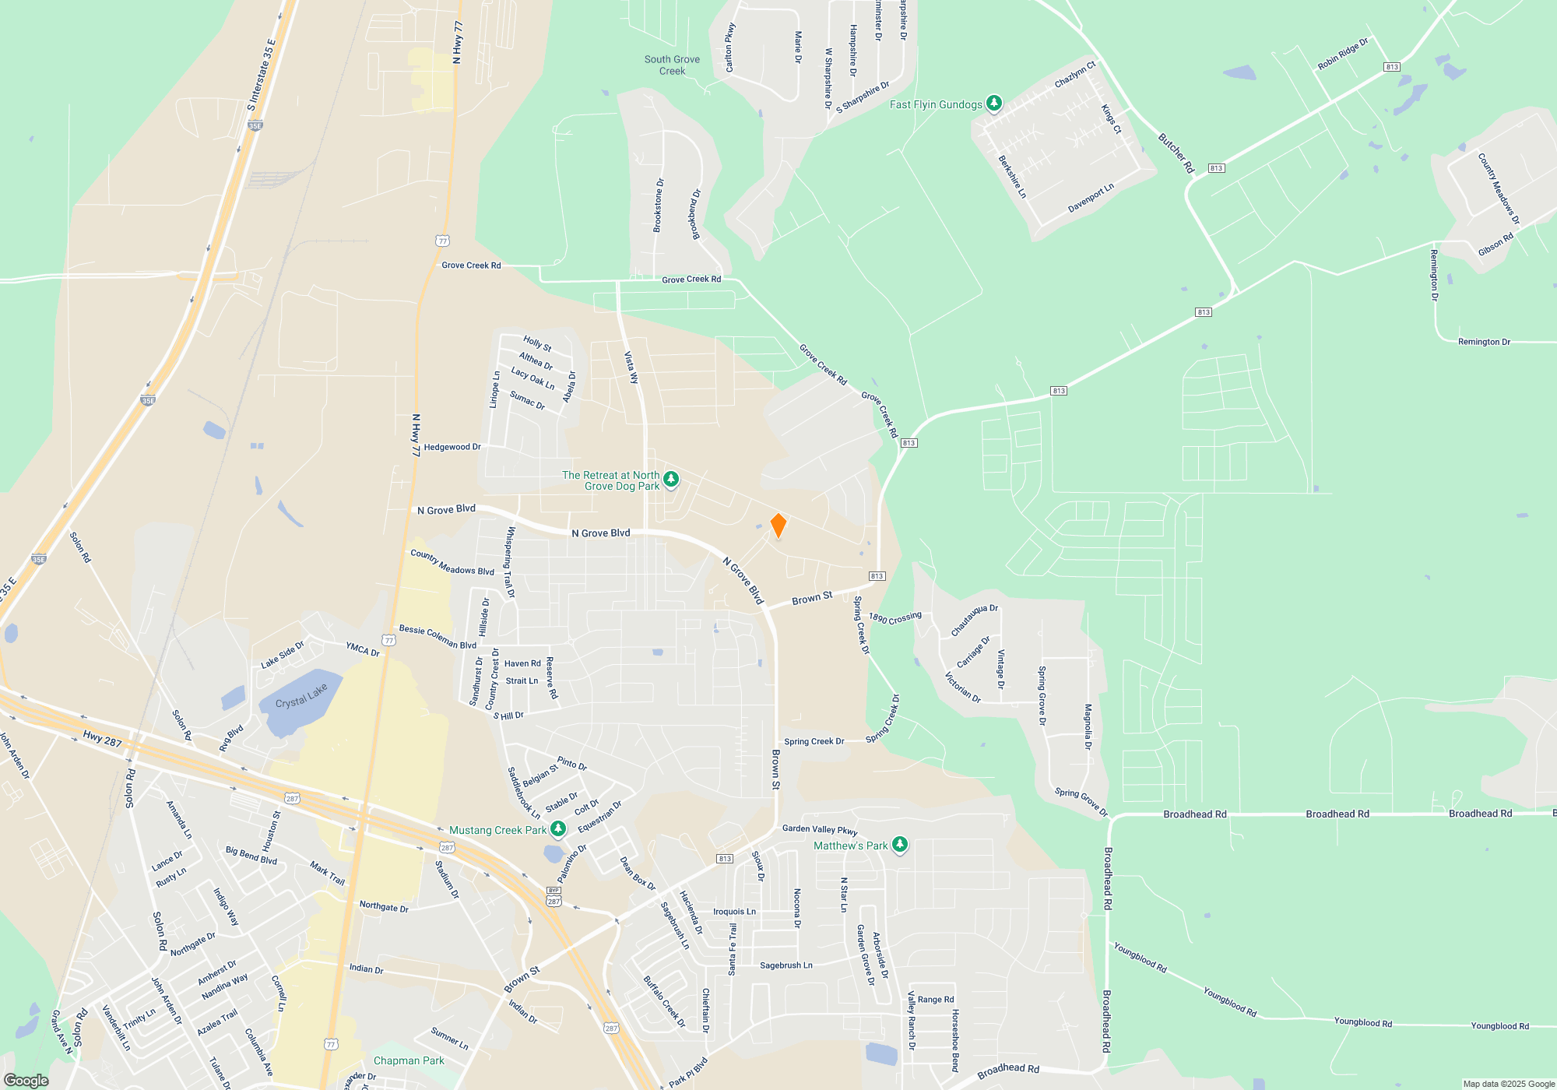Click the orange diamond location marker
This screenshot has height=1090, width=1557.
778,526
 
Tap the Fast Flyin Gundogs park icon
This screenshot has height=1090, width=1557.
993,103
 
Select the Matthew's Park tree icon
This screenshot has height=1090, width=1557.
899,844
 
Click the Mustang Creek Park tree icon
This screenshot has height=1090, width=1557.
558,829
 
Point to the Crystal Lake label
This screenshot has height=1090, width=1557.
301,697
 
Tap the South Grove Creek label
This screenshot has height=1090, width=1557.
672,65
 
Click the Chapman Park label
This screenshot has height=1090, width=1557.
409,1060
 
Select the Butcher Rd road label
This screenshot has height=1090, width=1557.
1176,153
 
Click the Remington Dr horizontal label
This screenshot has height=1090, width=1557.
1484,342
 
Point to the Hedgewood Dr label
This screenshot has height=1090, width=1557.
452,447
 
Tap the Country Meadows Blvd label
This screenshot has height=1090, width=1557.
452,562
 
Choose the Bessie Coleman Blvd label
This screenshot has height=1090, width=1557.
438,636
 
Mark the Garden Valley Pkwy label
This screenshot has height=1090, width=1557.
820,829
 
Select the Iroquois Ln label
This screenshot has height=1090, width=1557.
734,912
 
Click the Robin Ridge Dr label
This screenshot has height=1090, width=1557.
1343,54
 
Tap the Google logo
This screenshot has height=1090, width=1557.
26,1081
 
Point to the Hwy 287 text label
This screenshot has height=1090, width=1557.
103,739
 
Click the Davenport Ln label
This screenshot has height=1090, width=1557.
1091,198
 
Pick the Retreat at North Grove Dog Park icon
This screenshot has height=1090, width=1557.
670,479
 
